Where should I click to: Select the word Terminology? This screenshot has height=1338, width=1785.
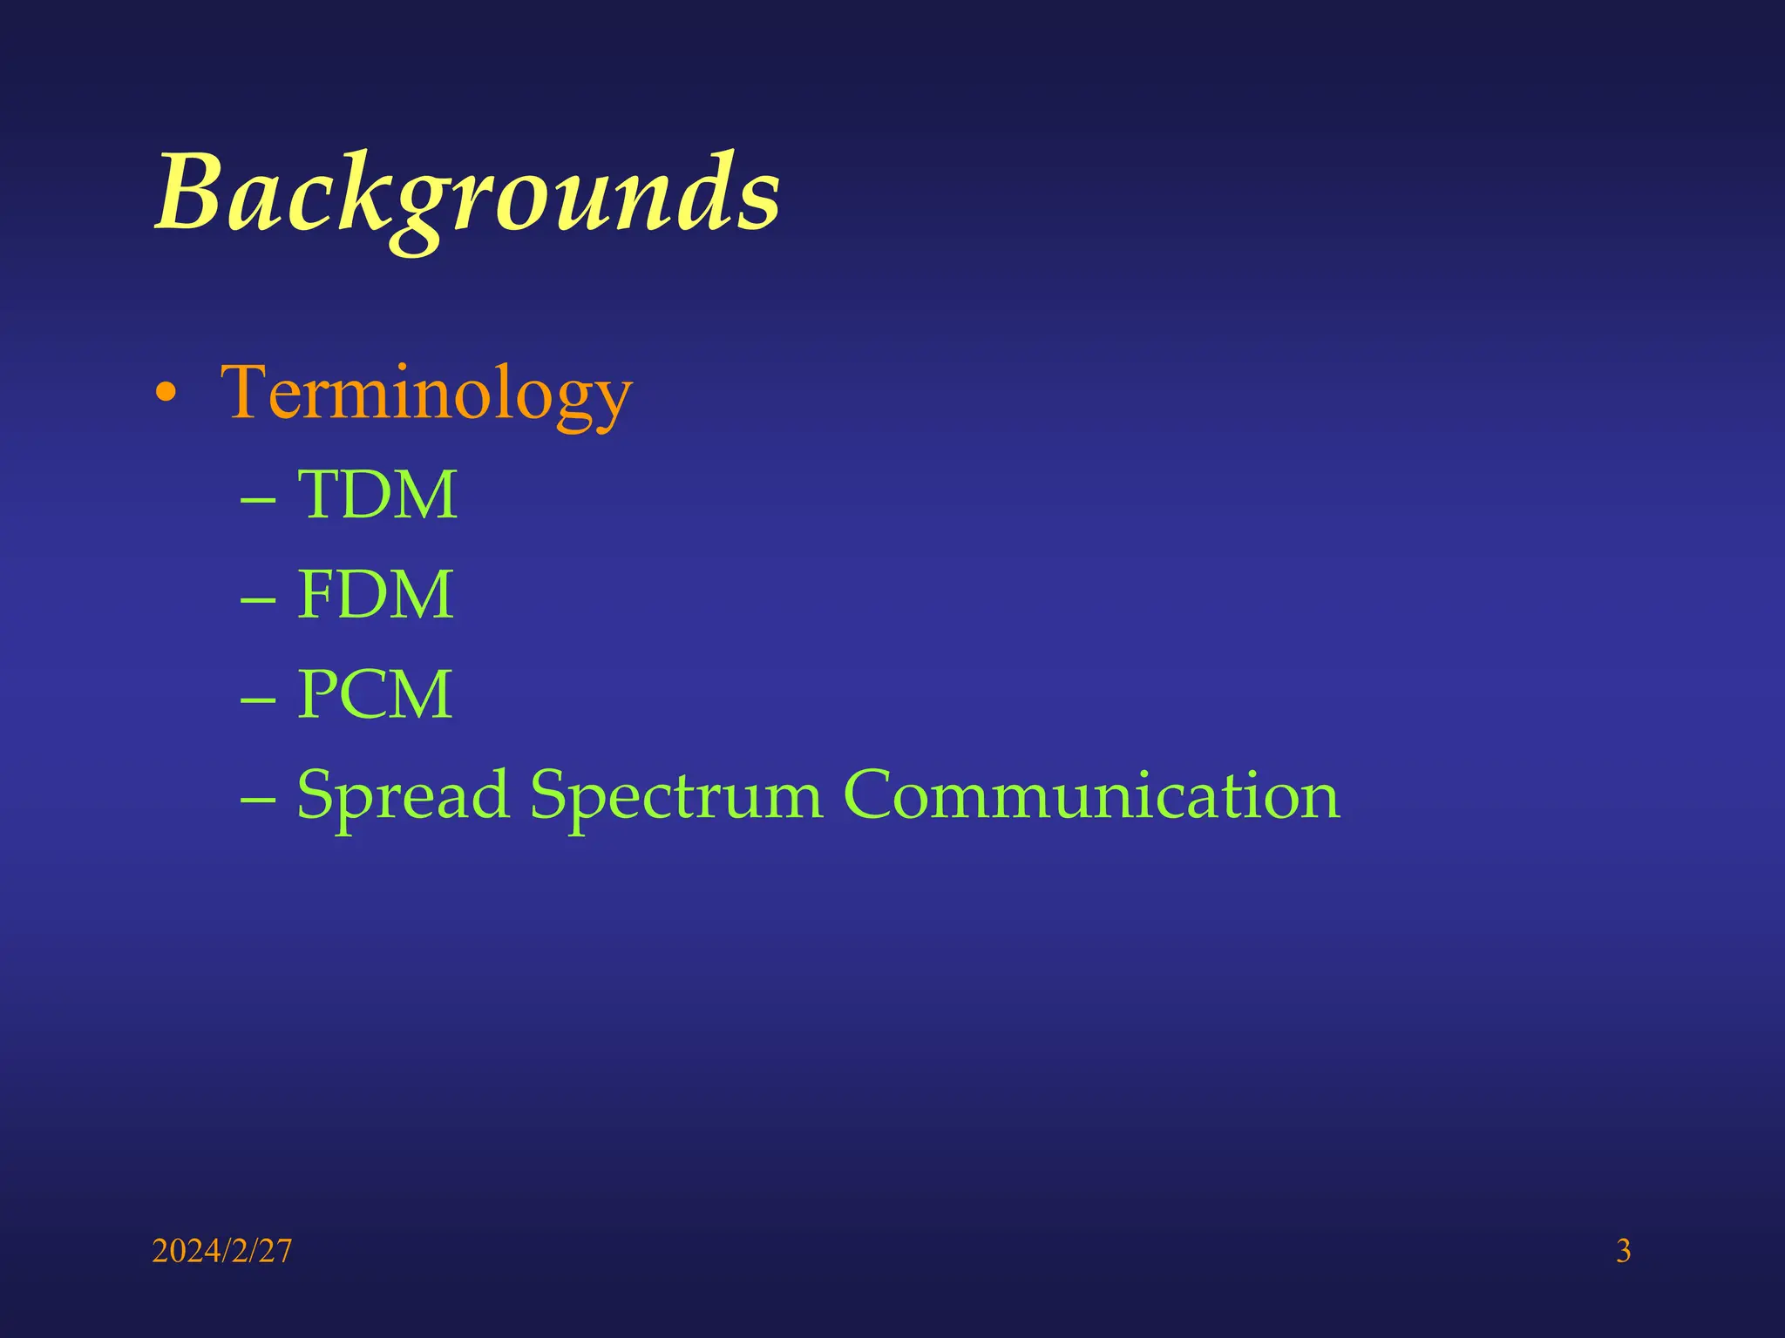pyautogui.click(x=426, y=394)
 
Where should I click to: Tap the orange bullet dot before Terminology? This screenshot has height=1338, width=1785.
pyautogui.click(x=166, y=395)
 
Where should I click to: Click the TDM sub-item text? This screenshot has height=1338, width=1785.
pyautogui.click(x=377, y=495)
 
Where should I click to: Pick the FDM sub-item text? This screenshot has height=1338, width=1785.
pyautogui.click(x=375, y=595)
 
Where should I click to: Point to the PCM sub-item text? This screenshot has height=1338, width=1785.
pyautogui.click(x=375, y=694)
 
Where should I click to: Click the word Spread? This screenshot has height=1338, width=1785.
pyautogui.click(x=403, y=795)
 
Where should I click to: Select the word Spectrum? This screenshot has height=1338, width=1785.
pyautogui.click(x=676, y=795)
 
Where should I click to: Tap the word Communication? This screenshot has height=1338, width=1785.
pyautogui.click(x=1091, y=794)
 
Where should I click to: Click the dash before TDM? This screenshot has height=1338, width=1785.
pyautogui.click(x=258, y=501)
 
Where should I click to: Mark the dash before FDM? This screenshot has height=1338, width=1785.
pyautogui.click(x=258, y=601)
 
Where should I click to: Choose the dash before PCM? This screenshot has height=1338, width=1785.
pyautogui.click(x=258, y=700)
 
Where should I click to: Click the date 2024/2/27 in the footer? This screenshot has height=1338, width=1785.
pyautogui.click(x=222, y=1251)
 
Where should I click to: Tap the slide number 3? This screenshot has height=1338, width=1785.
pyautogui.click(x=1623, y=1251)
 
